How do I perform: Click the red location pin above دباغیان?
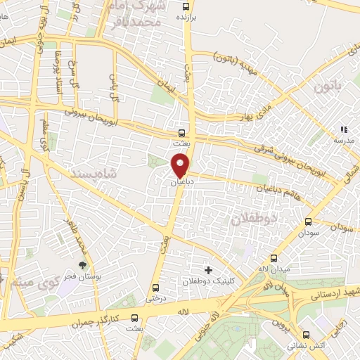(x=181, y=166)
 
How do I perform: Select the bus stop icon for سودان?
(x=308, y=221)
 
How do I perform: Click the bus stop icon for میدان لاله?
(x=274, y=259)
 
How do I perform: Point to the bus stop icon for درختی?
(x=155, y=287)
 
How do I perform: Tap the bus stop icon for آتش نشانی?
(x=305, y=335)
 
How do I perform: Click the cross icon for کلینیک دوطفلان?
(x=207, y=270)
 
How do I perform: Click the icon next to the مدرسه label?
(x=343, y=130)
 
